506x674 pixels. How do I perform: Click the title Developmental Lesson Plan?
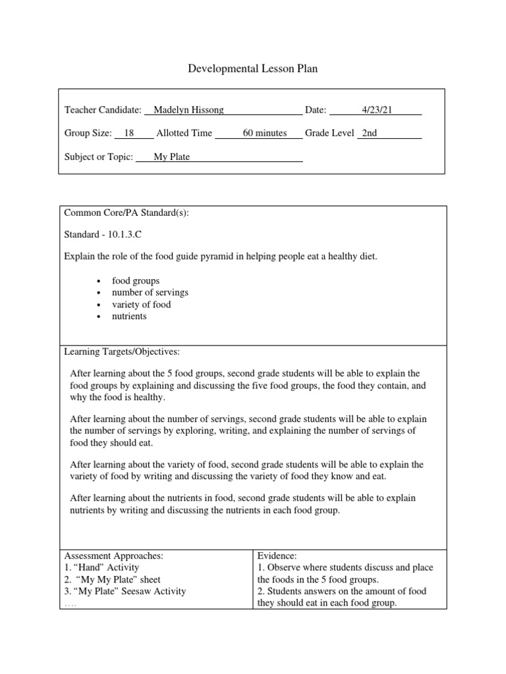[x=253, y=68]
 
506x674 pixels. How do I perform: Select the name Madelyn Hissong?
[x=188, y=110]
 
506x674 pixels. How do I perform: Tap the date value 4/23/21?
[x=378, y=110]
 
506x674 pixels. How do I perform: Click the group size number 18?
[x=129, y=133]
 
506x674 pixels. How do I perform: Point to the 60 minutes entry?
[x=265, y=133]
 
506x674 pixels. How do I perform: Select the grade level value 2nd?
[x=370, y=133]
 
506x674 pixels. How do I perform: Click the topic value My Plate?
[x=171, y=157]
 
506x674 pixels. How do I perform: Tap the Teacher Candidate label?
[x=103, y=110]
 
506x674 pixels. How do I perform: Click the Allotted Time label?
[x=184, y=133]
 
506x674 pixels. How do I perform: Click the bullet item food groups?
[x=136, y=280]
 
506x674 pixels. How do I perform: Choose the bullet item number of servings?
[x=150, y=292]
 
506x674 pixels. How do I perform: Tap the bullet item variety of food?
[x=142, y=304]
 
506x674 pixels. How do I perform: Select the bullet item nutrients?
[x=130, y=316]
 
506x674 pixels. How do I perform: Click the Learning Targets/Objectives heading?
[x=122, y=352]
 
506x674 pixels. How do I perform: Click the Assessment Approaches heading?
[x=113, y=556]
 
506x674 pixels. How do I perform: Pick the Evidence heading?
[x=278, y=556]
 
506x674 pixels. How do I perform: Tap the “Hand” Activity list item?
[x=101, y=567]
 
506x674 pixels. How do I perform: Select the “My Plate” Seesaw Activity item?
[x=125, y=591]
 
